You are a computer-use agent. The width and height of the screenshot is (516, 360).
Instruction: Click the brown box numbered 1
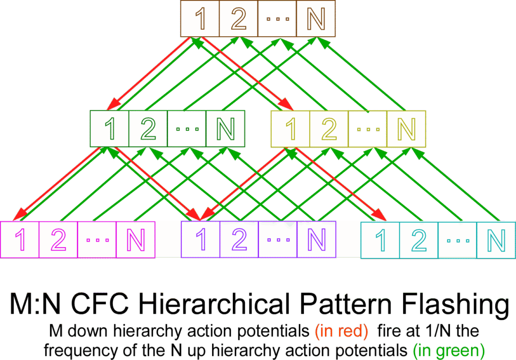pyautogui.click(x=200, y=19)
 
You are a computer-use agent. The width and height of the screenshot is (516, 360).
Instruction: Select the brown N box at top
pyautogui.click(x=316, y=19)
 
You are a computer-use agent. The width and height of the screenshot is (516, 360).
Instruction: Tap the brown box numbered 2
pyautogui.click(x=238, y=19)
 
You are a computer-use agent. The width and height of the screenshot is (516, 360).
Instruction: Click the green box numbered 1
pyautogui.click(x=110, y=129)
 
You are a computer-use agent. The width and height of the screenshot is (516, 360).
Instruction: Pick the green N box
pyautogui.click(x=225, y=129)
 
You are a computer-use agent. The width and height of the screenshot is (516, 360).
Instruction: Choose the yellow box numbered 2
pyautogui.click(x=329, y=129)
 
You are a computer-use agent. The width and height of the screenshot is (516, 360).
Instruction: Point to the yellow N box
pyautogui.click(x=406, y=129)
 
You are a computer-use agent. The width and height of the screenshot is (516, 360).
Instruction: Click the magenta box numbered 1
pyautogui.click(x=20, y=240)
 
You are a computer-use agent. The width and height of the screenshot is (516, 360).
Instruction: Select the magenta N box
pyautogui.click(x=136, y=240)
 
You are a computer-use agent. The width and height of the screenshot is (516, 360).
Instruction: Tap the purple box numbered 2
pyautogui.click(x=239, y=240)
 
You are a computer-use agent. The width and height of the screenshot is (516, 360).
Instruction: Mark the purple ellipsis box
pyautogui.click(x=278, y=240)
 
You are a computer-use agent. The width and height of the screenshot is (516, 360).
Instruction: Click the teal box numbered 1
pyautogui.click(x=381, y=240)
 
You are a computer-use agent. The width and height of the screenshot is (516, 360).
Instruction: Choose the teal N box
pyautogui.click(x=496, y=240)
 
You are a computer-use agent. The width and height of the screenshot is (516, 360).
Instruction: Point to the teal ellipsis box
pyautogui.click(x=458, y=240)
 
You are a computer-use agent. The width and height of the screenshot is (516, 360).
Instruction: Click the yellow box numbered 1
pyautogui.click(x=290, y=129)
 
